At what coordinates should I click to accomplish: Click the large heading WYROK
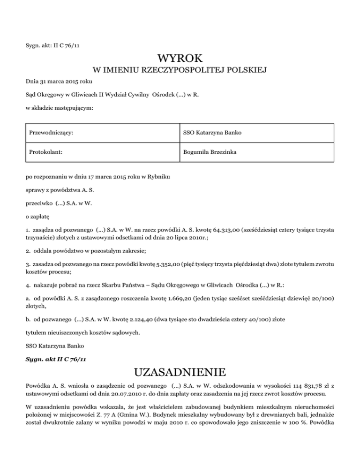180,59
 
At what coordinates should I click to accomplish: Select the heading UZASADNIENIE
180,373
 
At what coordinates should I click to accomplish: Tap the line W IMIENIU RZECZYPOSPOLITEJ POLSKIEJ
180,71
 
